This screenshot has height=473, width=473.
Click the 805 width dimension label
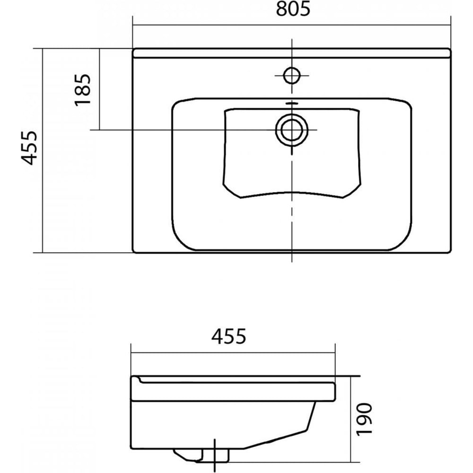[x=293, y=9]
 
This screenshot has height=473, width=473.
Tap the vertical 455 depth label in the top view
[x=29, y=148]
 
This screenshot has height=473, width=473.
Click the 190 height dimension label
[x=364, y=419]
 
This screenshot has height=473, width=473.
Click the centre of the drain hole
[x=292, y=130]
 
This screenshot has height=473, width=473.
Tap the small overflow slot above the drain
[x=292, y=104]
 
